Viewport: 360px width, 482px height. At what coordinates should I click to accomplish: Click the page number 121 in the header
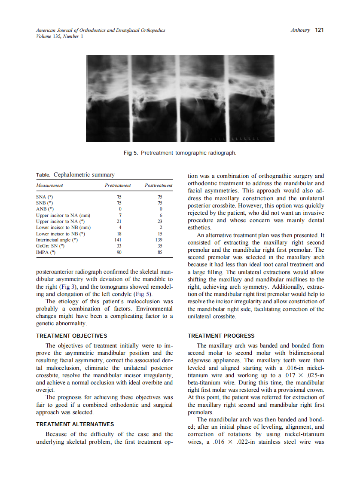coord(319,30)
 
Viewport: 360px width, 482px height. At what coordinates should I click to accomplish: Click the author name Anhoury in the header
coord(300,30)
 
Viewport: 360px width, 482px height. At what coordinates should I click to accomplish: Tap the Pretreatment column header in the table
coord(118,185)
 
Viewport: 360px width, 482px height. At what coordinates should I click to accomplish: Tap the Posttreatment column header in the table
coord(159,185)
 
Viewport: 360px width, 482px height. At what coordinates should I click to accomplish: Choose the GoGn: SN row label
coord(50,246)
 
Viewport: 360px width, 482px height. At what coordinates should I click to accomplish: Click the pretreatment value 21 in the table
coord(120,221)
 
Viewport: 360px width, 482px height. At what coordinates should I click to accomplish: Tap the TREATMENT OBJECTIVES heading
coord(72,336)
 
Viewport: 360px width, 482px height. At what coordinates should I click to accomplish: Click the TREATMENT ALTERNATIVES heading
coord(75,424)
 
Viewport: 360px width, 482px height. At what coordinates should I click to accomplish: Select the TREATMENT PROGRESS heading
coord(221,336)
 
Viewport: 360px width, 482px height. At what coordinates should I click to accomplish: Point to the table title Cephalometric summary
coord(84,175)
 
